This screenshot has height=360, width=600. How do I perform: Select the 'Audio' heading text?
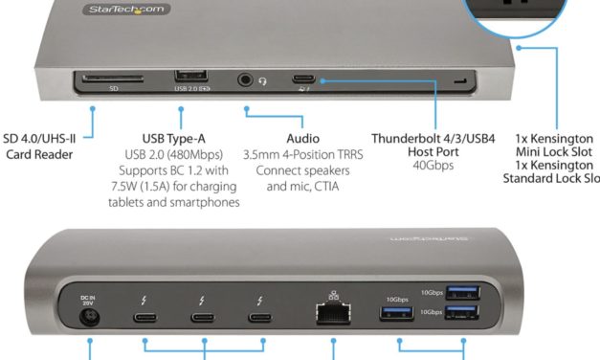pos(302,138)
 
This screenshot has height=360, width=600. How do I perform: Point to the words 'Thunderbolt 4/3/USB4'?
pos(433,138)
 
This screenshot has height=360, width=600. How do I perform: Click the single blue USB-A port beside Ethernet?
pos(395,313)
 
